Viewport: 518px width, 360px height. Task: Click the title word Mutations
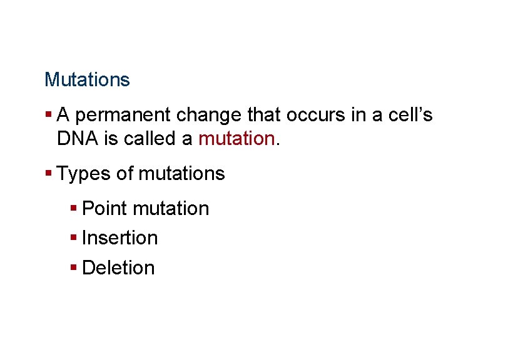[x=87, y=80]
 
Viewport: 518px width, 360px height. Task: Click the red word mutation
[x=236, y=139]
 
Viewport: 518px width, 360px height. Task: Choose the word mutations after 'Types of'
[x=181, y=173]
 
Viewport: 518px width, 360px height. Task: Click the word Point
[x=104, y=208]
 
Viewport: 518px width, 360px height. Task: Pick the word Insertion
[x=119, y=237]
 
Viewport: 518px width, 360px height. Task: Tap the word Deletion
[x=118, y=267]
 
